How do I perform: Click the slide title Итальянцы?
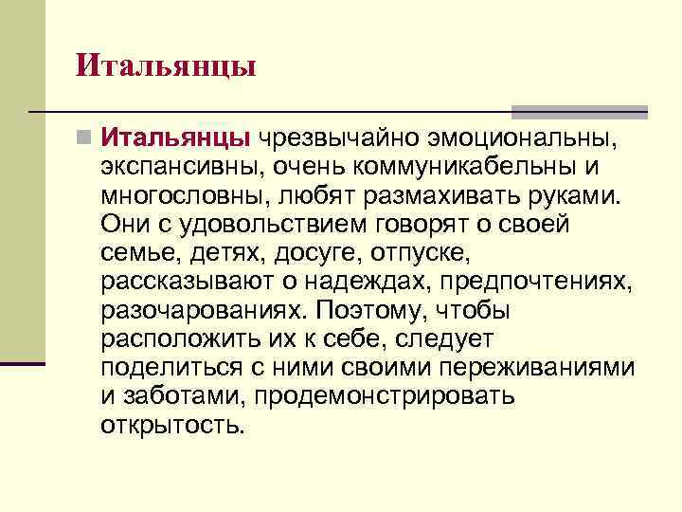point(166,65)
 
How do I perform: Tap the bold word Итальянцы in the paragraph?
point(177,139)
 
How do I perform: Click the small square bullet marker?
point(86,140)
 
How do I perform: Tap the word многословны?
point(188,196)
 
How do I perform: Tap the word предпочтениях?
point(535,282)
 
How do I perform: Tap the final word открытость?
point(171,424)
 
